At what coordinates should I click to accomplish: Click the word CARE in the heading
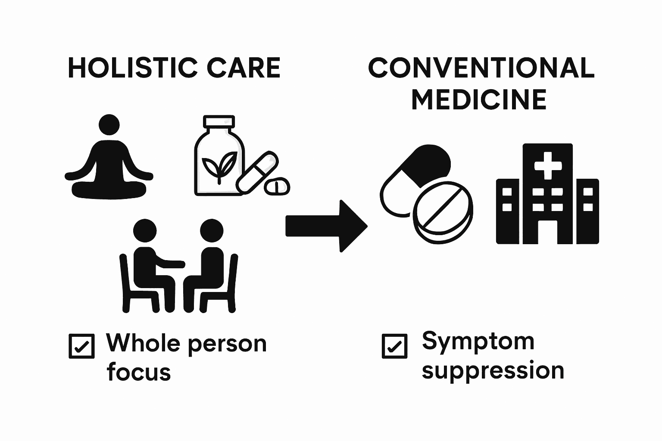[244, 68]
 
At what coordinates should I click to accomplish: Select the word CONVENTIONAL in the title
[481, 68]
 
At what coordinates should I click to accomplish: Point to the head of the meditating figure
[109, 124]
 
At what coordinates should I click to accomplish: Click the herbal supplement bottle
[219, 155]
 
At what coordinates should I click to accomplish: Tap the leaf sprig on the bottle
[219, 167]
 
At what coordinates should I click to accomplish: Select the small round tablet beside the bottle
[277, 186]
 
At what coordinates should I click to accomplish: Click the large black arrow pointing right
[326, 226]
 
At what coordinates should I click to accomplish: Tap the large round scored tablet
[443, 212]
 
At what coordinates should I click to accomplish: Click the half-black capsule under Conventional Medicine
[415, 180]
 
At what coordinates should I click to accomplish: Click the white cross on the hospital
[548, 165]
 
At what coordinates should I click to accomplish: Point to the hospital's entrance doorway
[548, 232]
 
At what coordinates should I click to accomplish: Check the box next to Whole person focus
[81, 346]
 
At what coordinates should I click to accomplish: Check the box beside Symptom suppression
[394, 346]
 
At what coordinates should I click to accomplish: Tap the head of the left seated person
[145, 230]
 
